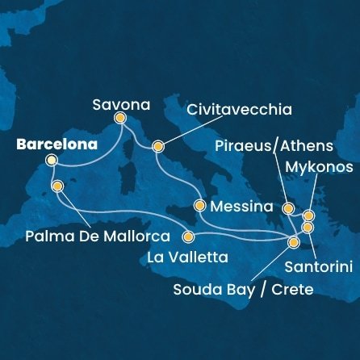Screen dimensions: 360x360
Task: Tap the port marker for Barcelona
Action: (x=52, y=161)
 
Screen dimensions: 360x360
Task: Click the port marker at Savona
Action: (x=120, y=118)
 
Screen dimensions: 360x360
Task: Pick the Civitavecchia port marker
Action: (x=157, y=147)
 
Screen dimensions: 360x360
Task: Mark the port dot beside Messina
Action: (x=200, y=205)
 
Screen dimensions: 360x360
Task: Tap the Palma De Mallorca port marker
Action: (x=57, y=186)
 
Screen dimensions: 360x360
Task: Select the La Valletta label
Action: (x=187, y=257)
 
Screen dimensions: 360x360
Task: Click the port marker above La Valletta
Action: (x=189, y=237)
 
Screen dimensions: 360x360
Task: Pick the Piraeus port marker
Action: (x=288, y=208)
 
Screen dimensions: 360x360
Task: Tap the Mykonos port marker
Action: (x=308, y=216)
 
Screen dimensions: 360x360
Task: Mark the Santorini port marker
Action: (x=308, y=228)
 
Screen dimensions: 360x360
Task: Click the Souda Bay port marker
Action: (x=294, y=241)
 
